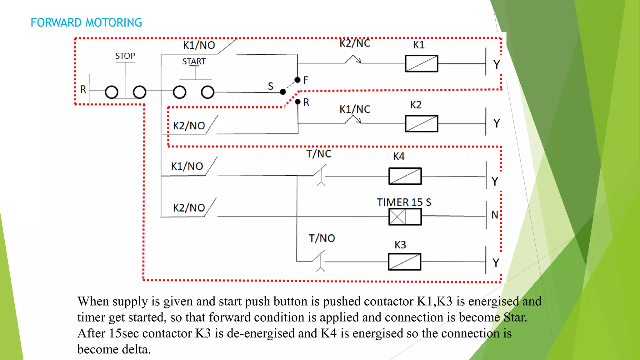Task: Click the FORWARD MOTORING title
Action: [x=86, y=23]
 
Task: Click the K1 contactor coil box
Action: [x=421, y=64]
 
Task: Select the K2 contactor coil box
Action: [x=421, y=124]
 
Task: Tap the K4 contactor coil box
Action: [x=405, y=176]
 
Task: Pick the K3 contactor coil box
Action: [x=404, y=262]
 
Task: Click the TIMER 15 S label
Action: [x=404, y=202]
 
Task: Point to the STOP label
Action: [x=125, y=56]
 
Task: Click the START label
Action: [x=194, y=62]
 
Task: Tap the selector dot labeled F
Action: [x=297, y=80]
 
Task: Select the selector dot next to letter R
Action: [x=297, y=102]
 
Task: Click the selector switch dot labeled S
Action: [x=283, y=92]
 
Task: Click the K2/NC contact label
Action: [x=355, y=43]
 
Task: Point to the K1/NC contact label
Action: [x=355, y=109]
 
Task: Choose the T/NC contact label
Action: [x=318, y=154]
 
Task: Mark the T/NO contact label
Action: [x=322, y=238]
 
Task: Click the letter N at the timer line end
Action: [x=494, y=215]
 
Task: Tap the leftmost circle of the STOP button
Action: [x=112, y=92]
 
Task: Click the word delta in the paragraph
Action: [x=136, y=349]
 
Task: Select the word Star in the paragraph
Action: [x=515, y=317]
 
